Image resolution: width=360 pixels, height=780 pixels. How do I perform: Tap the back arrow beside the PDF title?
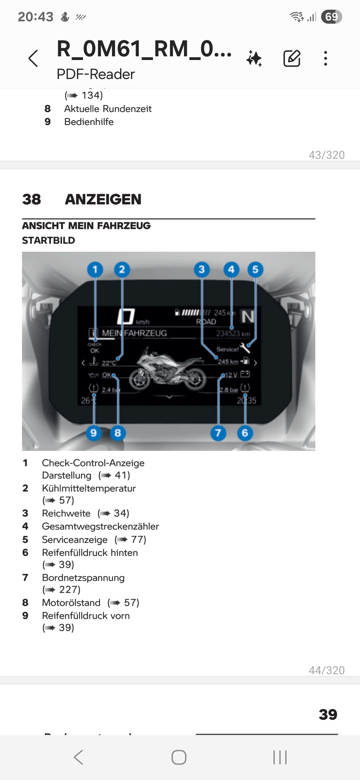click(33, 59)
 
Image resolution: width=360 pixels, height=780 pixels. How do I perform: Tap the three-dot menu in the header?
click(325, 59)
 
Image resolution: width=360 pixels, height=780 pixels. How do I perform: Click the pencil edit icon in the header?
click(292, 59)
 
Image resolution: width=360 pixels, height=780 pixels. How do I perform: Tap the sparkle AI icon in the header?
click(254, 59)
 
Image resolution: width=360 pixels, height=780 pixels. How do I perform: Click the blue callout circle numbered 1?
click(95, 269)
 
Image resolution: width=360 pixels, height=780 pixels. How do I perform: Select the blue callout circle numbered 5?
click(255, 269)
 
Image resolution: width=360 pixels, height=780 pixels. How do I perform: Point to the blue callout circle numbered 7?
click(218, 433)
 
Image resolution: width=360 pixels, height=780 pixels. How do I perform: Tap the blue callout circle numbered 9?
click(94, 433)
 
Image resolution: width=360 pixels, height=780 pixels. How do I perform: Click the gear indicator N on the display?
click(248, 317)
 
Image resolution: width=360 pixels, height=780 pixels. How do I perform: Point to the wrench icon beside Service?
click(245, 348)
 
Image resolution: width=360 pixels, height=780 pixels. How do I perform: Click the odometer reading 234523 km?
click(233, 334)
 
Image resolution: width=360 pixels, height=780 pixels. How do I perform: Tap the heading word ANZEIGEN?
click(103, 199)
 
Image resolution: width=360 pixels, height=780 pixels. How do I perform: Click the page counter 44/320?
click(326, 670)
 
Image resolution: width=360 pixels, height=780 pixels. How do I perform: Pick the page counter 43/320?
click(326, 155)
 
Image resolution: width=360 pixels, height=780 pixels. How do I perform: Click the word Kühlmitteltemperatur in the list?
click(89, 488)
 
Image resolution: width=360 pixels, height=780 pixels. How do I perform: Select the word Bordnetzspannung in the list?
click(83, 578)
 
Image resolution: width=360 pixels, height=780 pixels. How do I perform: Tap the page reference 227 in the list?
click(69, 590)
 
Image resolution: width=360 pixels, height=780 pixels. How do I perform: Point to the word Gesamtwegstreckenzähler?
click(100, 526)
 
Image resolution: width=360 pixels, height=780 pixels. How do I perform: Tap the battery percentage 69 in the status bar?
click(331, 17)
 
